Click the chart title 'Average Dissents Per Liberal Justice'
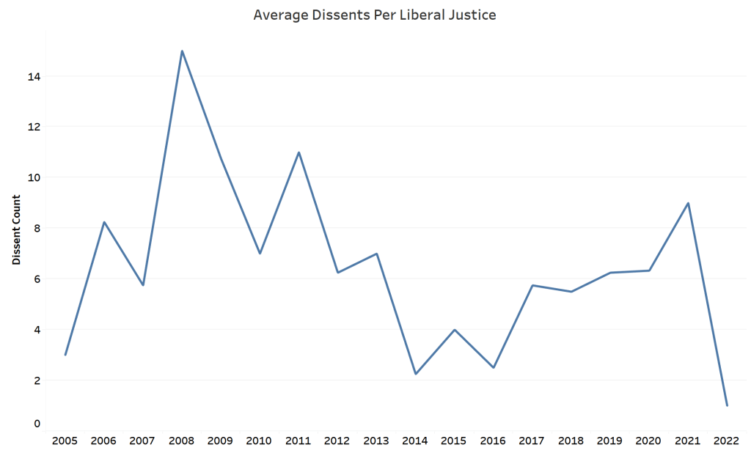[x=375, y=15]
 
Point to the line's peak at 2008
[x=182, y=51]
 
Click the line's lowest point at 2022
[x=727, y=405]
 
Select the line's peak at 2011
[x=299, y=152]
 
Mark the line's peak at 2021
[x=688, y=203]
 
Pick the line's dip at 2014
[x=416, y=374]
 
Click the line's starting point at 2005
[x=65, y=355]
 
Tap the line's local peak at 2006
[x=104, y=222]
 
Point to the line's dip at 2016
[x=494, y=367]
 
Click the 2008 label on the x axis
[x=182, y=441]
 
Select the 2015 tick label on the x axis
[x=455, y=441]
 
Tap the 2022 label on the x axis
[x=727, y=441]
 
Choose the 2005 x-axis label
[x=65, y=441]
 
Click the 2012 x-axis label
[x=337, y=441]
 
